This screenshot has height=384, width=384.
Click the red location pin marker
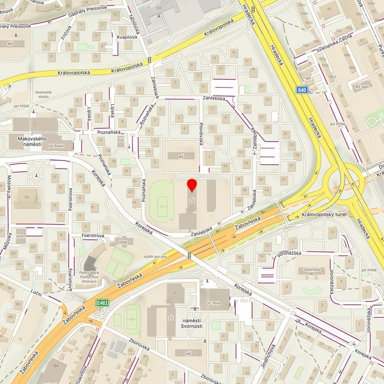(192, 185)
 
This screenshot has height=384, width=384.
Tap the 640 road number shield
(303, 90)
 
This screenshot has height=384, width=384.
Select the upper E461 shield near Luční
(103, 302)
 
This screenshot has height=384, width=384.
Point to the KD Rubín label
(56, 146)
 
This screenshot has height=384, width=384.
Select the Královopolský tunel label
(324, 214)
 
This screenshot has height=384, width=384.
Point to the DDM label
(123, 242)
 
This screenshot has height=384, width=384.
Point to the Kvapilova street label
(128, 37)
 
